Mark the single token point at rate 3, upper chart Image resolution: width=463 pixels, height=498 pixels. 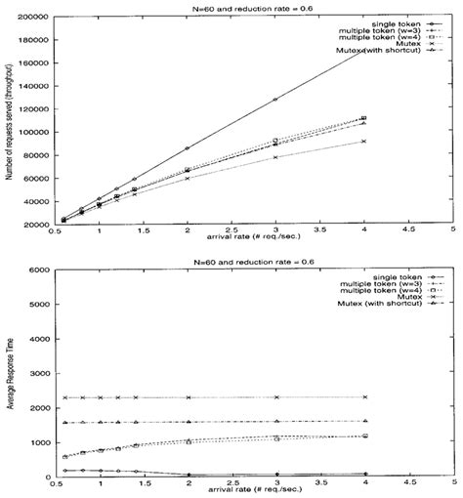(275, 100)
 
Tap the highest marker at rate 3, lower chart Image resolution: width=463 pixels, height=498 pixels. (275, 397)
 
